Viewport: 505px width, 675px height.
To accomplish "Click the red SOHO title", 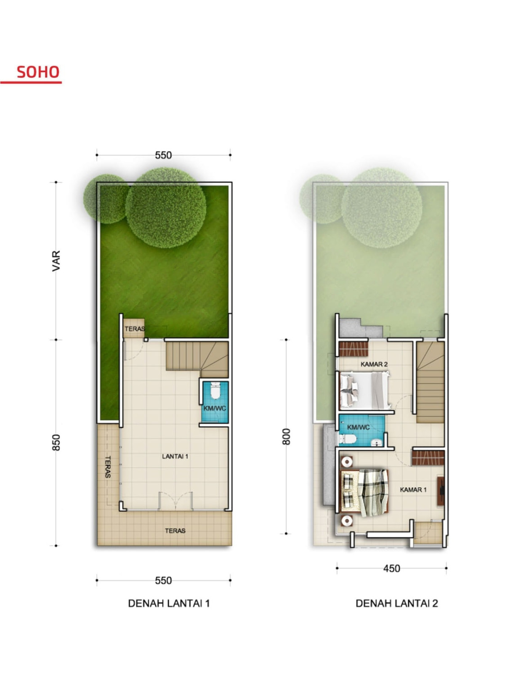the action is (x=38, y=72).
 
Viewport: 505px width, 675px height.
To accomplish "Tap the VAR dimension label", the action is (x=56, y=261).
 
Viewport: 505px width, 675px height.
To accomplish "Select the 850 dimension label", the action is (x=56, y=443).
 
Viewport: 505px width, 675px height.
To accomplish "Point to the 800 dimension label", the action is (x=286, y=436).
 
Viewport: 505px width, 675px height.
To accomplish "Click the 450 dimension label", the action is (x=391, y=569).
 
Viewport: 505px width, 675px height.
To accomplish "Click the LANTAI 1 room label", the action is (x=175, y=456).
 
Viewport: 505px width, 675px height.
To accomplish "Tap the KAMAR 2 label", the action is (x=374, y=364).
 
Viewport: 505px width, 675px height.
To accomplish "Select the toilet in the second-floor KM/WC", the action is (x=347, y=439).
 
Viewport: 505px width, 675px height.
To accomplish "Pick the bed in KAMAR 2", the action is (x=365, y=390).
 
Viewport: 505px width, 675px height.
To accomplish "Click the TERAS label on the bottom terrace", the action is (x=175, y=531).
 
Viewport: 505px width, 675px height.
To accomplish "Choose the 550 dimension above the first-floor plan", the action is (x=163, y=155).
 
